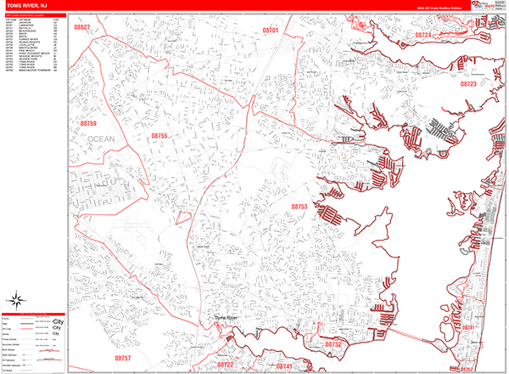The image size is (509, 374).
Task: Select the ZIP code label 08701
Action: tap(270, 30)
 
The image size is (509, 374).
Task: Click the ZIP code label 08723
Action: tap(467, 84)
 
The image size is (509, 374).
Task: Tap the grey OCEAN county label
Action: tap(100, 139)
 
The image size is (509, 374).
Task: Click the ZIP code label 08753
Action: tap(299, 207)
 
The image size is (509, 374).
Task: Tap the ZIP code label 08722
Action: tap(225, 364)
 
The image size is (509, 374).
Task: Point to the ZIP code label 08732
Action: tap(333, 344)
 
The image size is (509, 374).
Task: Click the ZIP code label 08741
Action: tap(282, 365)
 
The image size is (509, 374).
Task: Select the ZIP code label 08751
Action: tap(468, 326)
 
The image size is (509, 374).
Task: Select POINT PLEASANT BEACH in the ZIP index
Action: tap(32, 53)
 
